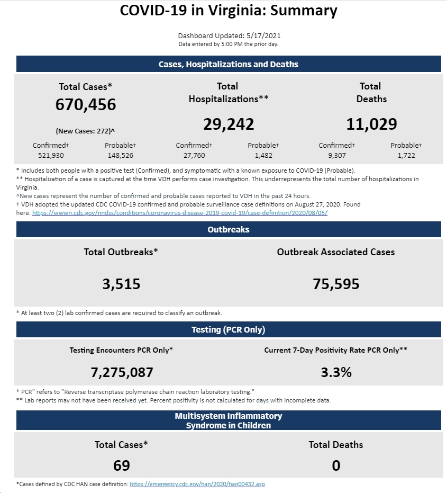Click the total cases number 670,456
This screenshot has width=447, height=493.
86,105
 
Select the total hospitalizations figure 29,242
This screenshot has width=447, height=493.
229,124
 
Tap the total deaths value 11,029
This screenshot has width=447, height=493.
371,124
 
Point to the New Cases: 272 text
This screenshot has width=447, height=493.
85,131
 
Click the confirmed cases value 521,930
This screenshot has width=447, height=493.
51,155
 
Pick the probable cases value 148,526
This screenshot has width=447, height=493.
121,155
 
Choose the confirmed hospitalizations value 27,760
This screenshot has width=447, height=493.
194,155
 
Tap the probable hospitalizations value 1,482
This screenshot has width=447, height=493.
263,155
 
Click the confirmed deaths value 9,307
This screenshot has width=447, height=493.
337,155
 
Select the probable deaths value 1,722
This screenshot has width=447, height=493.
406,155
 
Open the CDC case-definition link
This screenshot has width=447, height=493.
180,213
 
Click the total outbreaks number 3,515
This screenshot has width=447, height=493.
121,284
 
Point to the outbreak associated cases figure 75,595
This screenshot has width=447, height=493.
336,284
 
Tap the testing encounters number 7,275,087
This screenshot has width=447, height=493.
122,373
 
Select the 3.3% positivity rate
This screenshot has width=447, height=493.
336,372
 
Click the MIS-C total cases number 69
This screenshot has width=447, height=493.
122,465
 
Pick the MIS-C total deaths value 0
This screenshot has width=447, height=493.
336,465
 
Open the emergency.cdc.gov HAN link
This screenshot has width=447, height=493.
197,484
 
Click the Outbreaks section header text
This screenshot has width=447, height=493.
229,229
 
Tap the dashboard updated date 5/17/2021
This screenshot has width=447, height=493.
263,35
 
